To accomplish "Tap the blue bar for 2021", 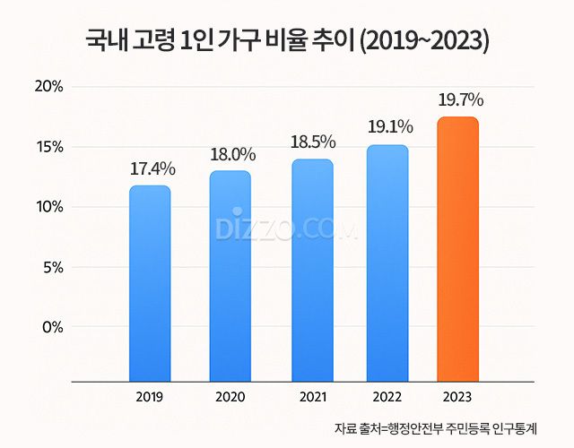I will click(312, 271).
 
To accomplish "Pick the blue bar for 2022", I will click(387, 263).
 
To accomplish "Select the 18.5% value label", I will click(313, 142).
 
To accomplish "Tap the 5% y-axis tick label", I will click(52, 267).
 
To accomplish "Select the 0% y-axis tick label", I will click(52, 327).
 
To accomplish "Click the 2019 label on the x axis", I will click(149, 397).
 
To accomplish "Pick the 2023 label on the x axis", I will click(457, 397).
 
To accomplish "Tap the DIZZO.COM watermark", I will click(286, 228).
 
